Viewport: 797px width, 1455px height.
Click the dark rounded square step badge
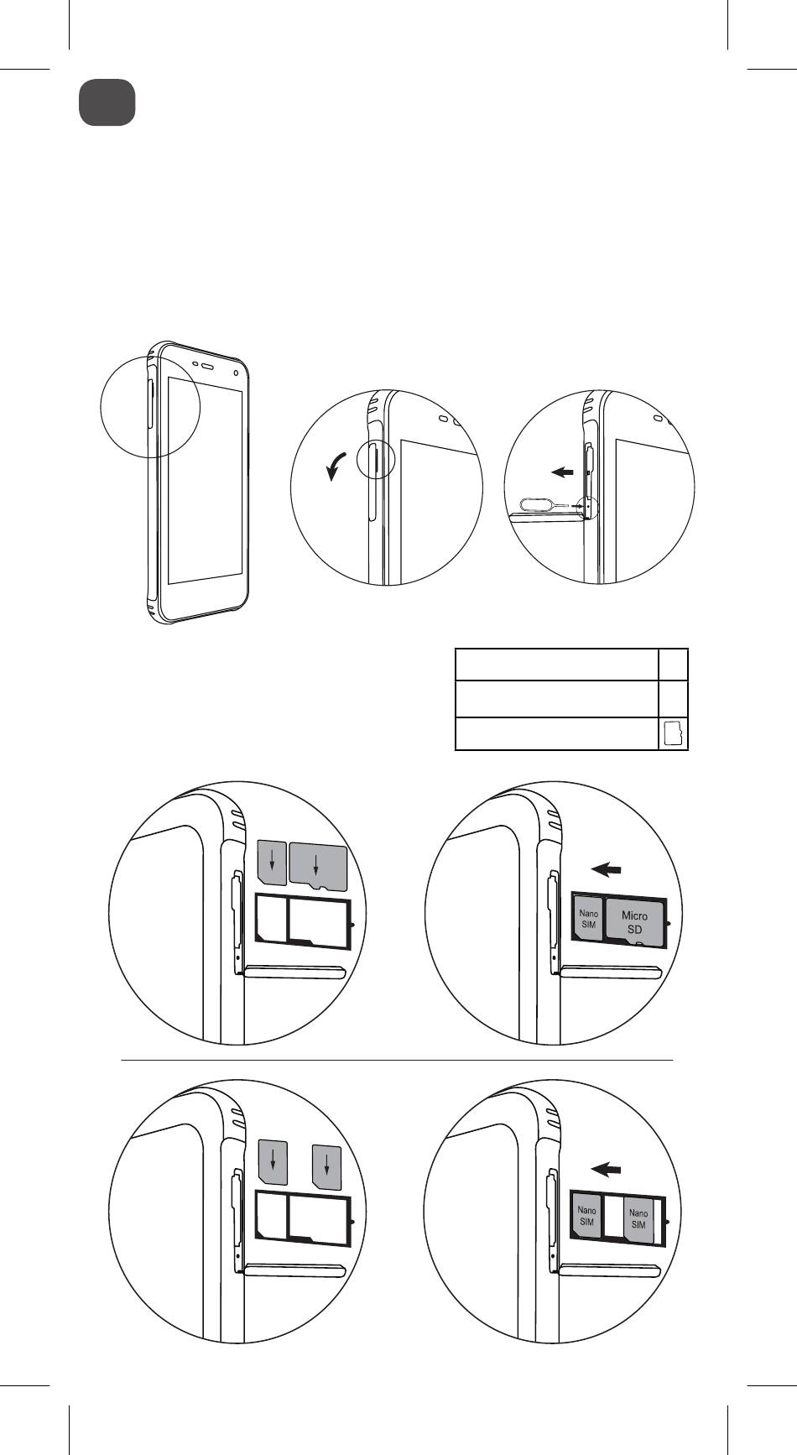[107, 102]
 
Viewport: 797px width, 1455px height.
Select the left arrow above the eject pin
[564, 473]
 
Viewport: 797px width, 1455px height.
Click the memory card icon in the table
[673, 734]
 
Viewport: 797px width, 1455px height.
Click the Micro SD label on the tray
[635, 921]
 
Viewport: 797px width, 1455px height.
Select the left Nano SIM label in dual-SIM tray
[586, 1216]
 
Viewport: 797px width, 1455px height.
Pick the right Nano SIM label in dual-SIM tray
[638, 1218]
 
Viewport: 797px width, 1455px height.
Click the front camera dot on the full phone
[237, 372]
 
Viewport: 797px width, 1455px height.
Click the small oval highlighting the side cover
[373, 462]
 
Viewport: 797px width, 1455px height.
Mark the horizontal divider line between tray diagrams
[398, 1061]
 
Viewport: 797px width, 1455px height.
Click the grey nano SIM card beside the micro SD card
[271, 863]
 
